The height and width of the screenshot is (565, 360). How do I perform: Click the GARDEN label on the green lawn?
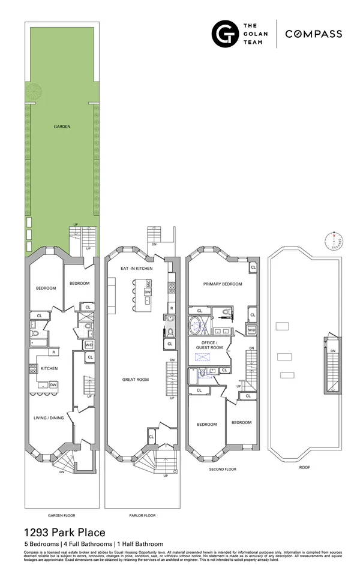pyautogui.click(x=61, y=127)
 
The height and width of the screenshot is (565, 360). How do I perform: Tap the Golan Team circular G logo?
pyautogui.click(x=225, y=34)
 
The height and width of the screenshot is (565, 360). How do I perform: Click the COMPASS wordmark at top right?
pyautogui.click(x=314, y=34)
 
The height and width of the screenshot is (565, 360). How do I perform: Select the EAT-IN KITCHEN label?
pyautogui.click(x=136, y=269)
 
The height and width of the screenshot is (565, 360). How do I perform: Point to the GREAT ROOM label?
pyautogui.click(x=136, y=380)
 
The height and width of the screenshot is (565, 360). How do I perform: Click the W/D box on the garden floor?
pyautogui.click(x=89, y=345)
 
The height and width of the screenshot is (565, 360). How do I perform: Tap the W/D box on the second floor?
pyautogui.click(x=252, y=330)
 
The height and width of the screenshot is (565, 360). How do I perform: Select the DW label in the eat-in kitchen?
pyautogui.click(x=147, y=292)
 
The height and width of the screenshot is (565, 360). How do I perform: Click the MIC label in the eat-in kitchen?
pyautogui.click(x=147, y=282)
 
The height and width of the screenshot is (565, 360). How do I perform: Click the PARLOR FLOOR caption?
pyautogui.click(x=142, y=515)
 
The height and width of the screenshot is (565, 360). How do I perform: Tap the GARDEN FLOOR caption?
pyautogui.click(x=61, y=515)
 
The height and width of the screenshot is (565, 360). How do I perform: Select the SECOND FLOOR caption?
pyautogui.click(x=223, y=469)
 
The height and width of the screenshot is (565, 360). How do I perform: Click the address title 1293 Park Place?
pyautogui.click(x=65, y=532)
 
